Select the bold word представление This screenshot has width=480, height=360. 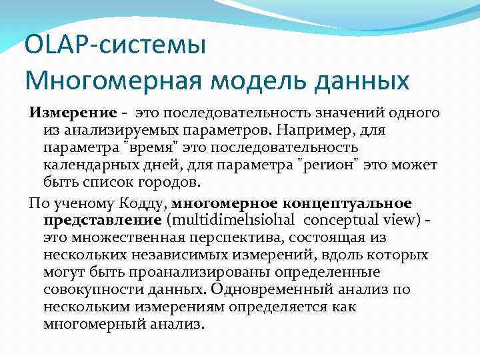(103, 219)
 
